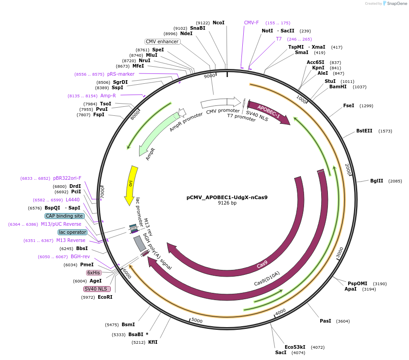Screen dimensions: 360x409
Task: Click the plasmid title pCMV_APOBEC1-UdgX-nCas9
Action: point(227,197)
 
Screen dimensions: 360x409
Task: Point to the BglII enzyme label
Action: point(377,181)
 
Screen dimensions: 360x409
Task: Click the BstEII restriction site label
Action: point(364,131)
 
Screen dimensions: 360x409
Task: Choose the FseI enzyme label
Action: point(349,105)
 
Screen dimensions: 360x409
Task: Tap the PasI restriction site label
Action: point(325,321)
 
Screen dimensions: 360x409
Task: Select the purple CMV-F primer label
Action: point(251,23)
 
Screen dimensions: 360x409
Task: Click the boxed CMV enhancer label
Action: point(163,42)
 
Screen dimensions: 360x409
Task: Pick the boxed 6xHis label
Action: point(94,273)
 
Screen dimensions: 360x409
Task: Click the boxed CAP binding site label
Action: point(64,216)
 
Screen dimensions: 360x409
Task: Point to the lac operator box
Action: point(72,232)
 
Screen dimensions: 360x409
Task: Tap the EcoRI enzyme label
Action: point(105,297)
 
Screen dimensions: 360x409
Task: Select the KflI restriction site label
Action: point(153,342)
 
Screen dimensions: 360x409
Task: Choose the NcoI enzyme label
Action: point(218,23)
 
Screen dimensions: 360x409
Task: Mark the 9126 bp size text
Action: point(227,203)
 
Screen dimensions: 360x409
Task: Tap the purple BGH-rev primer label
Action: point(80,256)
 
